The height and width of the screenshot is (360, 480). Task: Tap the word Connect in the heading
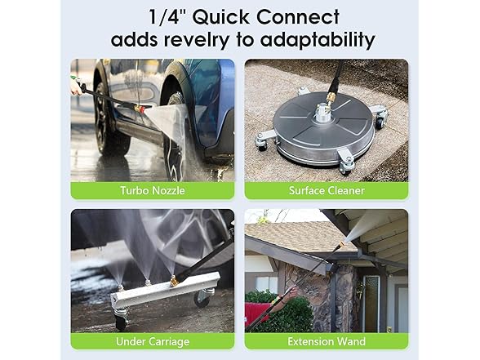coord(304,16)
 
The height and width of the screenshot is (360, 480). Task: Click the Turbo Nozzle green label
coord(153,191)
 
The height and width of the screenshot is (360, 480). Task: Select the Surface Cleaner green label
coord(327,191)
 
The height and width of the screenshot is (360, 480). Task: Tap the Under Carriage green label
coord(153,341)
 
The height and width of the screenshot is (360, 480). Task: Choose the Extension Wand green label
coord(327,341)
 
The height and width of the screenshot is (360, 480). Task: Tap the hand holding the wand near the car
coord(76,85)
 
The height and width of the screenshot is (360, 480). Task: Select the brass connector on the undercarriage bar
coord(174,280)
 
